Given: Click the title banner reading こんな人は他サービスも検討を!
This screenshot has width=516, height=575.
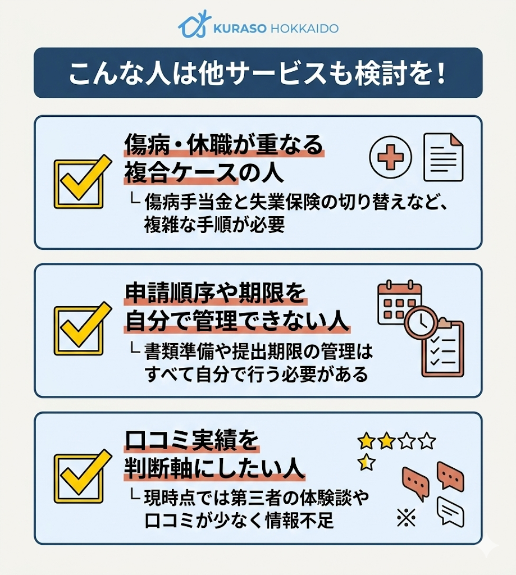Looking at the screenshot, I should pyautogui.click(x=258, y=74).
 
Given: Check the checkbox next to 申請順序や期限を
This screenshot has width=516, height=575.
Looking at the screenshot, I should pyautogui.click(x=80, y=330).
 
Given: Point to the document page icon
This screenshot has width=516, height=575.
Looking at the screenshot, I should pyautogui.click(x=444, y=157).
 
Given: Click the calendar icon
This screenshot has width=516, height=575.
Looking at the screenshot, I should pyautogui.click(x=399, y=303).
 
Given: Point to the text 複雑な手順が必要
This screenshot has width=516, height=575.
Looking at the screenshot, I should pyautogui.click(x=215, y=226).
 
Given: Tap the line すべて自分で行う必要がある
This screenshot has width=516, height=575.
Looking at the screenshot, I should pyautogui.click(x=257, y=373).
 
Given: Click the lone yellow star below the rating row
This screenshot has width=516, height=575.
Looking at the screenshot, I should pyautogui.click(x=366, y=463).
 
